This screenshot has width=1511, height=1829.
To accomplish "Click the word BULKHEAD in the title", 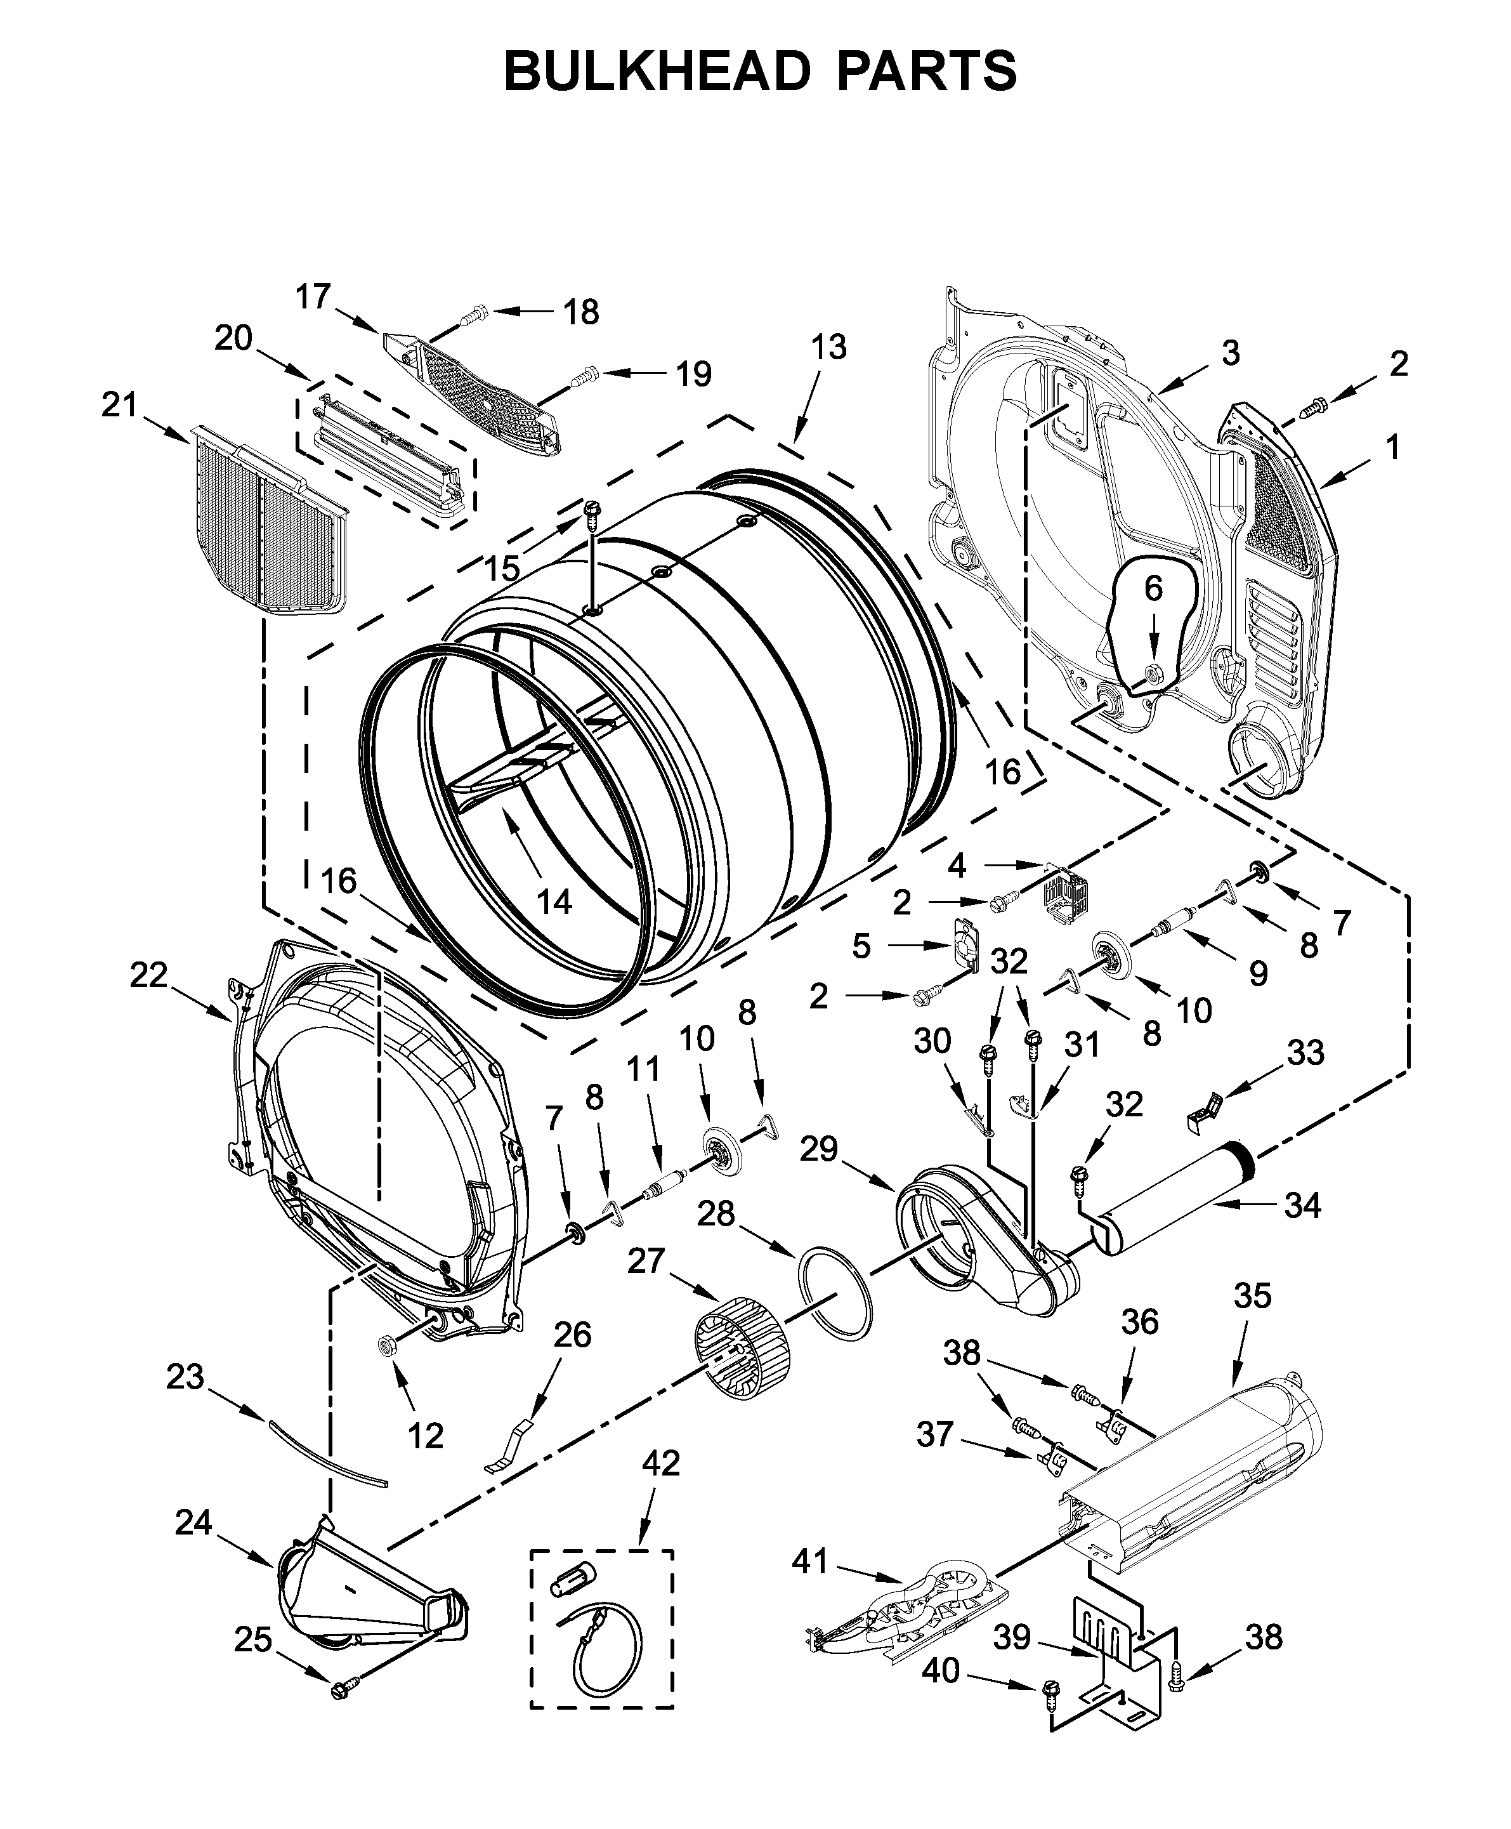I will click(x=657, y=70).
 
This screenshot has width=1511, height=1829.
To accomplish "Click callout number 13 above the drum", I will click(x=828, y=347).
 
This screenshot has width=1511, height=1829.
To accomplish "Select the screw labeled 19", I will click(x=585, y=376).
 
